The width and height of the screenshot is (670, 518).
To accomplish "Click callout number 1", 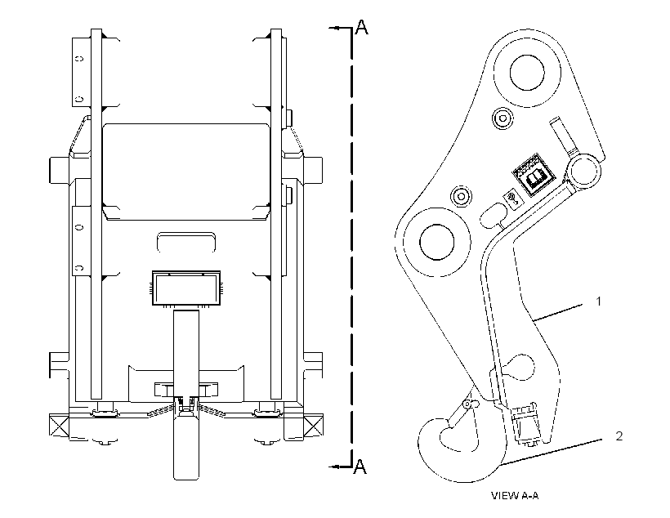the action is [x=599, y=301].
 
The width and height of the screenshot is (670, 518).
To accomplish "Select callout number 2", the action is [x=619, y=436].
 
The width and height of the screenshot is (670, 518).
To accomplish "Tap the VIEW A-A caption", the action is [x=515, y=496].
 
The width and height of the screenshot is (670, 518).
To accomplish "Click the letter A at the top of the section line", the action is [x=361, y=27].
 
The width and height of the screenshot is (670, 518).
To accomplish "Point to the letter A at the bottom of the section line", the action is [x=360, y=467].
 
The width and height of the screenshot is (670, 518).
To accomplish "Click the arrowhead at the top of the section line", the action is [x=334, y=29].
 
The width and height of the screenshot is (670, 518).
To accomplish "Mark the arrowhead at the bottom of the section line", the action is [x=334, y=467].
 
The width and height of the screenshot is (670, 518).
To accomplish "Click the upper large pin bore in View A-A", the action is [x=527, y=72].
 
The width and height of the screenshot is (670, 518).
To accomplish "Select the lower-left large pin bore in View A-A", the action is [x=436, y=242].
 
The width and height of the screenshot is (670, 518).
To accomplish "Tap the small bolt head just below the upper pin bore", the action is [x=502, y=118].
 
